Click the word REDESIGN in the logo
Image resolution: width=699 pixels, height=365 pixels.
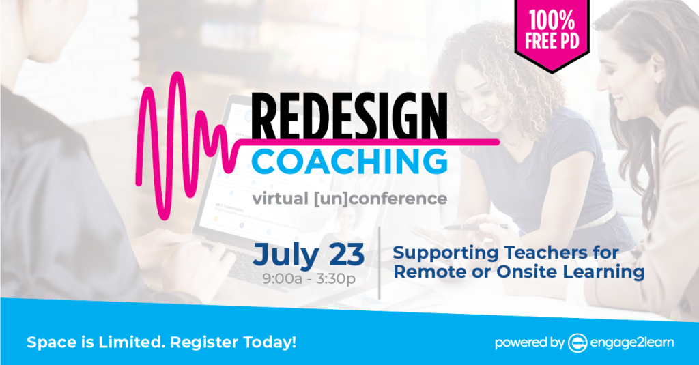349,116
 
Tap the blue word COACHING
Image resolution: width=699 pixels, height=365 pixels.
349,161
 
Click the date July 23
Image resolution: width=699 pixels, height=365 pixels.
309,255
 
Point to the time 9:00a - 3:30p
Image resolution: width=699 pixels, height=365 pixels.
309,279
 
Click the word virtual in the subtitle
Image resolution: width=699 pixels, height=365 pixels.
281,199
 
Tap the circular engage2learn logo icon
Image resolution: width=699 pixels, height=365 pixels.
577,342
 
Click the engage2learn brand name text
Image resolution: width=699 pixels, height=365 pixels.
632,342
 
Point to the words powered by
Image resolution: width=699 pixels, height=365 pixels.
530,342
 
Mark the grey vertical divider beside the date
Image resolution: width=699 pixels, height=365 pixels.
380,263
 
